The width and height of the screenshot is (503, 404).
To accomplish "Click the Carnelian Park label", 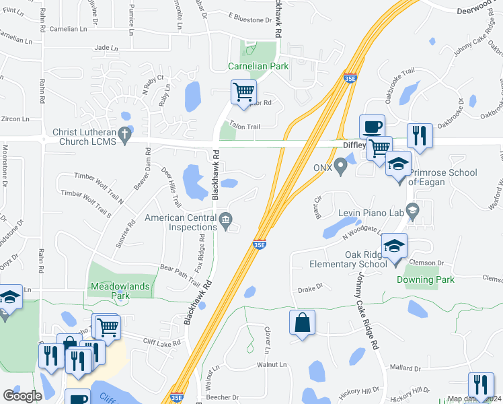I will pyautogui.click(x=258, y=66).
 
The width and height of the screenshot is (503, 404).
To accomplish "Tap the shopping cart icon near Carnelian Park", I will pyautogui.click(x=243, y=92).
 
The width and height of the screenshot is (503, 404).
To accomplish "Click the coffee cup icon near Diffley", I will pyautogui.click(x=371, y=126).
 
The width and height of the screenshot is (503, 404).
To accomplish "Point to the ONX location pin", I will pyautogui.click(x=341, y=164).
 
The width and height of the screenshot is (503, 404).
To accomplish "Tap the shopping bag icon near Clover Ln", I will pyautogui.click(x=302, y=321).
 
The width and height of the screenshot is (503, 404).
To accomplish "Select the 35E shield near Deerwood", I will pyautogui.click(x=349, y=78).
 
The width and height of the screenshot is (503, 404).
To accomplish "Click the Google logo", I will pyautogui.click(x=22, y=396).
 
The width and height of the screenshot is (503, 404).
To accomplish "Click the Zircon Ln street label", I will pyautogui.click(x=15, y=119).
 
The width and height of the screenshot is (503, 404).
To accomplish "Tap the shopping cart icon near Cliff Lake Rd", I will pyautogui.click(x=107, y=327).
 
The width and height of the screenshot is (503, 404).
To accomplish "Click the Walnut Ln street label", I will pyautogui.click(x=272, y=364).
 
